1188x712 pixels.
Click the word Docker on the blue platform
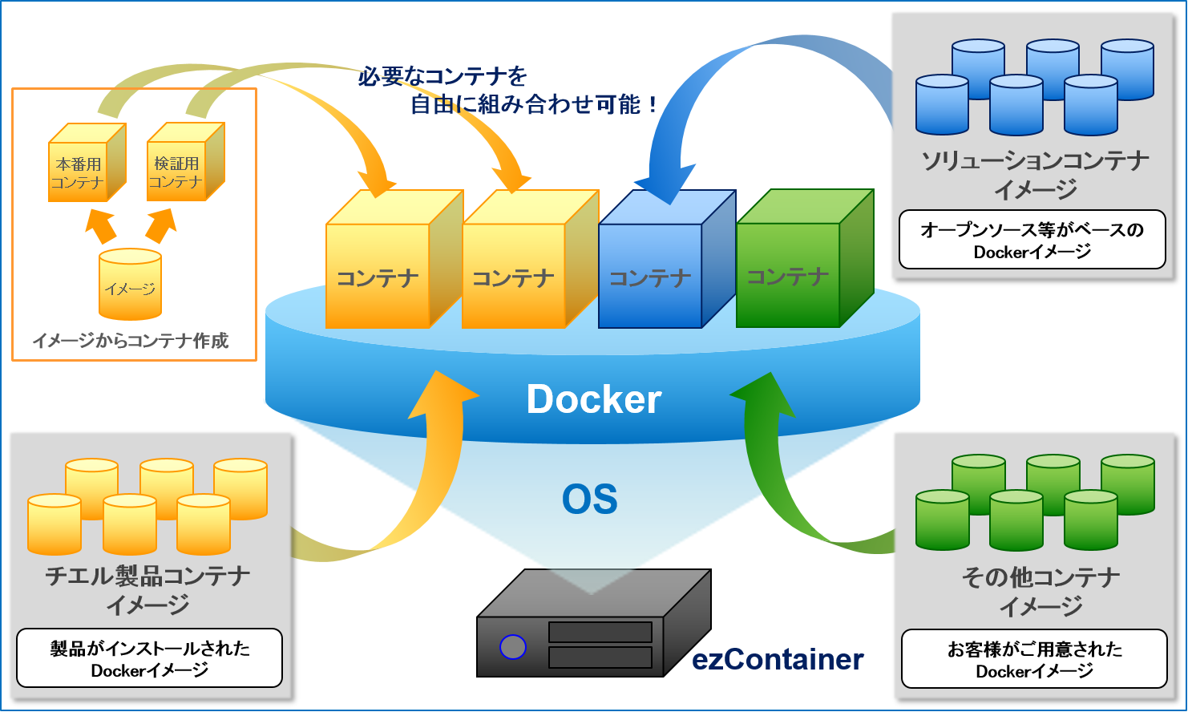tap(593, 399)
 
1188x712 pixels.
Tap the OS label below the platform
tap(589, 500)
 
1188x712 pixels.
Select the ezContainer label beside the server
tap(778, 659)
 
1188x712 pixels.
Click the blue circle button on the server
tap(512, 646)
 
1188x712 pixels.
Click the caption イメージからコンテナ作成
tap(131, 341)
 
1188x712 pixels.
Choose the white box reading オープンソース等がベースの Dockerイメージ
tap(1032, 241)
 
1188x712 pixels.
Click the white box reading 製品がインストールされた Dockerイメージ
tap(149, 659)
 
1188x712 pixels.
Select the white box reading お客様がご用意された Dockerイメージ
tap(1034, 660)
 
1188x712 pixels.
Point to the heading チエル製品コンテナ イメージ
tap(148, 589)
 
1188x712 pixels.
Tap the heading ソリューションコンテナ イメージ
tap(1035, 175)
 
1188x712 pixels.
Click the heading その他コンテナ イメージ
tap(1041, 591)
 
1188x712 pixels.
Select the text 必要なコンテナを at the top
tap(442, 76)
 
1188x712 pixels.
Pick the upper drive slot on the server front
tap(600, 632)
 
